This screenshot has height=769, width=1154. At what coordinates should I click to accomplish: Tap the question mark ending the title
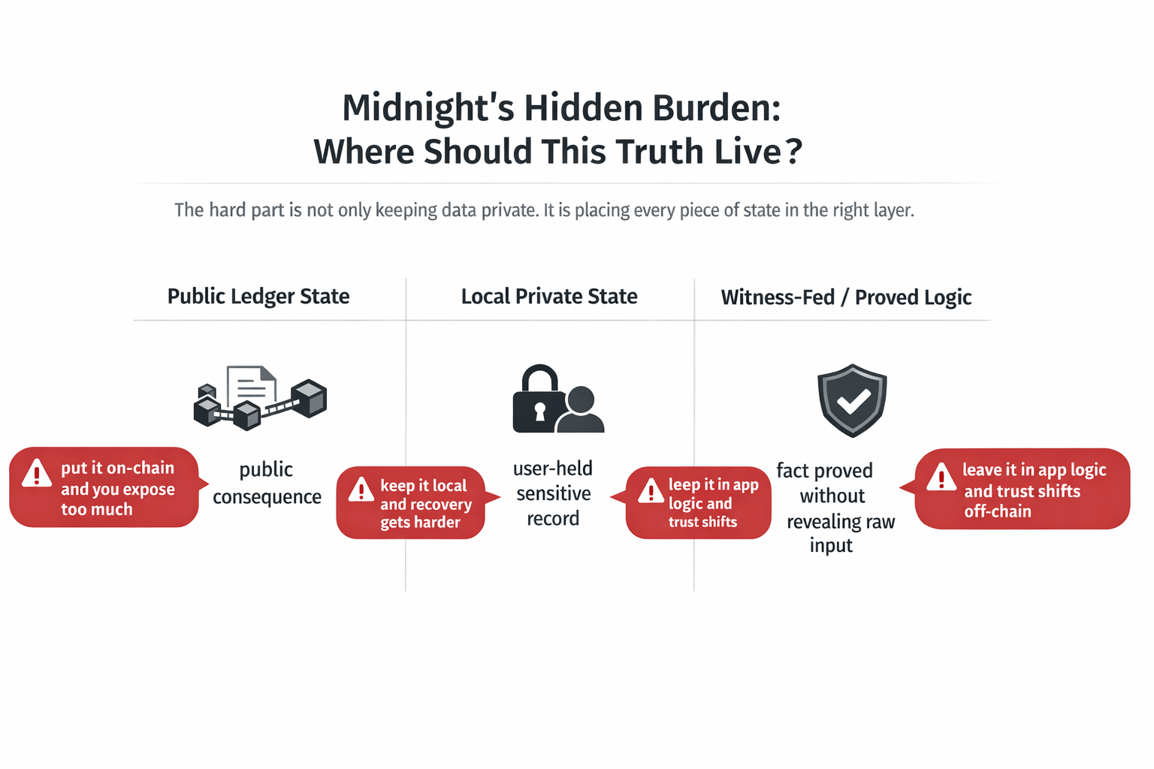tap(793, 152)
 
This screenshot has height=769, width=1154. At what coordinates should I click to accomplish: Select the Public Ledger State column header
tap(258, 297)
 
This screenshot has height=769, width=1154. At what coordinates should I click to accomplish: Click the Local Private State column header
tap(549, 297)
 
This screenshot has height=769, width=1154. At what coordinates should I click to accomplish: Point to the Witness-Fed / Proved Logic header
tap(846, 297)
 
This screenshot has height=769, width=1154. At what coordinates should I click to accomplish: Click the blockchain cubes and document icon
tap(260, 397)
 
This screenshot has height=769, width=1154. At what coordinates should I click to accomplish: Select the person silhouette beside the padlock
tap(582, 412)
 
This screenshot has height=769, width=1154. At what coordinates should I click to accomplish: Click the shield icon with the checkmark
tap(852, 400)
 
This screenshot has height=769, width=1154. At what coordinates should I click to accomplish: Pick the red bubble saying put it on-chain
tap(105, 488)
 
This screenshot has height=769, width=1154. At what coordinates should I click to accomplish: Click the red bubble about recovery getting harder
tap(412, 503)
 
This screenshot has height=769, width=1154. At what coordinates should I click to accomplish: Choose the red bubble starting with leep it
tap(699, 503)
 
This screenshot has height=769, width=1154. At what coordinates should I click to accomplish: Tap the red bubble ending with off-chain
tap(1022, 490)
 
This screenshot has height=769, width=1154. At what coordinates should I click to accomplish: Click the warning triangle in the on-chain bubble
tap(37, 474)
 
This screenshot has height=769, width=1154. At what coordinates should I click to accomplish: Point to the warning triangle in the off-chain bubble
tap(941, 478)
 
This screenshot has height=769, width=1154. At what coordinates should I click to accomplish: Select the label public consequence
tap(267, 483)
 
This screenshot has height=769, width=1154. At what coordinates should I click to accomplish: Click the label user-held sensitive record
tap(553, 493)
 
